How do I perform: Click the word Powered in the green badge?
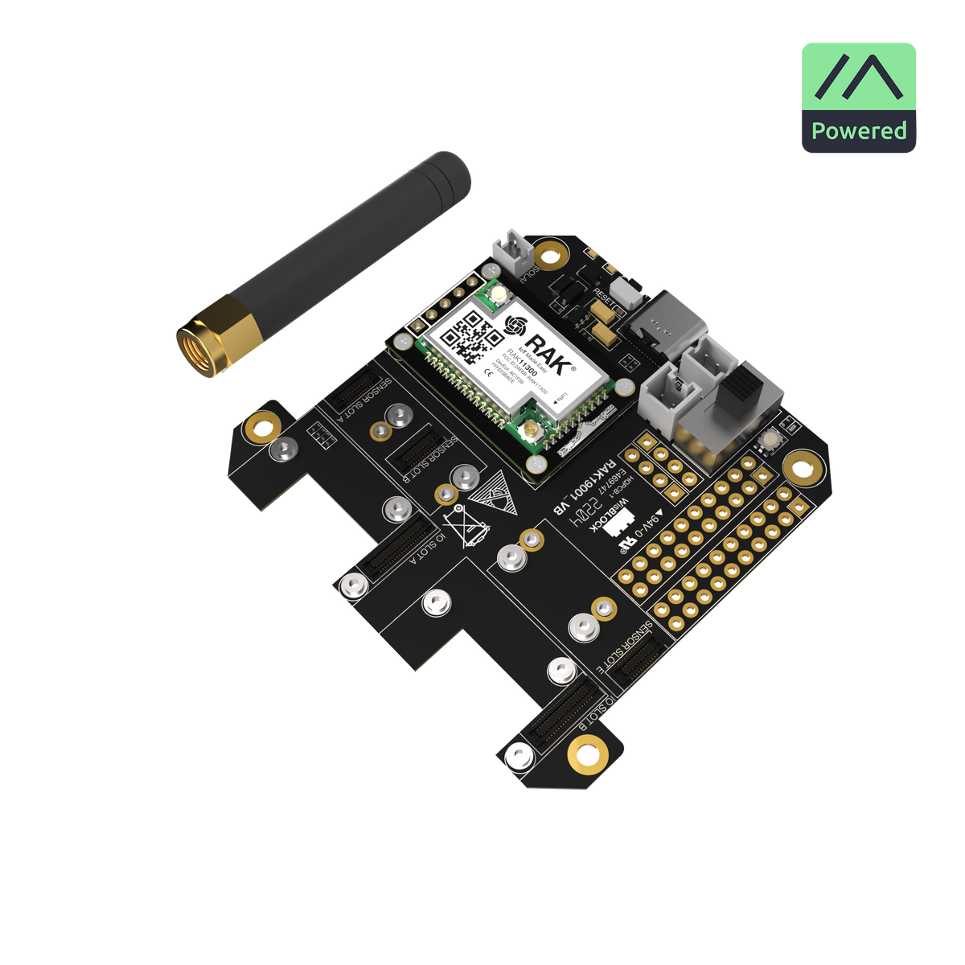point(858,131)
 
